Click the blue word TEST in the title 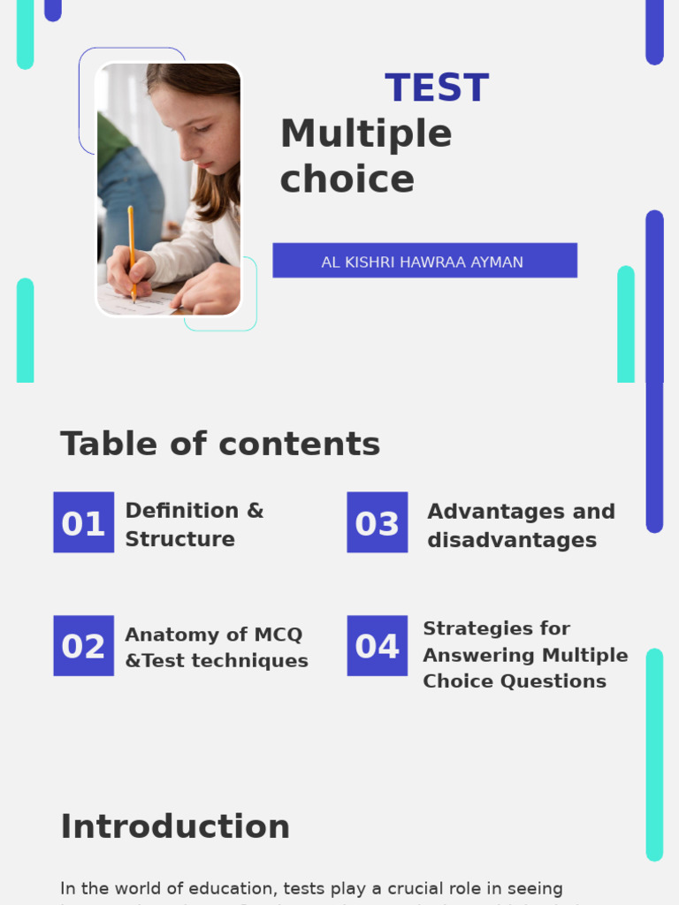pyautogui.click(x=437, y=88)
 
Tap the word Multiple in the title pyautogui.click(x=366, y=134)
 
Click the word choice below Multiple pyautogui.click(x=347, y=179)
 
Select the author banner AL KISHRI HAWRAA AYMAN pyautogui.click(x=424, y=262)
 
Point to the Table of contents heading pyautogui.click(x=220, y=444)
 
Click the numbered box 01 pyautogui.click(x=83, y=523)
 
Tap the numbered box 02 pyautogui.click(x=83, y=646)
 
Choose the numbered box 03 pyautogui.click(x=378, y=523)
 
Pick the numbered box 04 pyautogui.click(x=378, y=646)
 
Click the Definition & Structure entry pyautogui.click(x=195, y=524)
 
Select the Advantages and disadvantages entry pyautogui.click(x=521, y=525)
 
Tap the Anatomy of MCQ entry pyautogui.click(x=214, y=635)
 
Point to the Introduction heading pyautogui.click(x=175, y=827)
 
